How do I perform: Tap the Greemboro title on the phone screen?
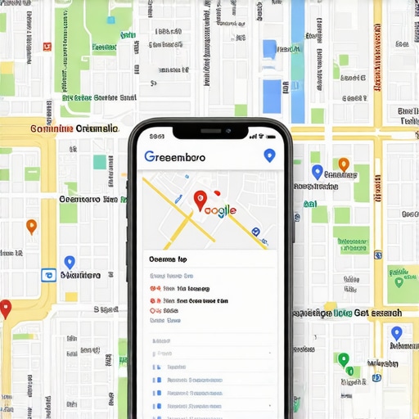[x=175, y=155]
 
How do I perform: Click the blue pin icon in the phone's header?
[x=268, y=155]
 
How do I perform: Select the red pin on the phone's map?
[x=199, y=199]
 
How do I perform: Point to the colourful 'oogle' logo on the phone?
[x=219, y=210]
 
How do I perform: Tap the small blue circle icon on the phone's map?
[x=256, y=232]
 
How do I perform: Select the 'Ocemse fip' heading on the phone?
[x=169, y=257]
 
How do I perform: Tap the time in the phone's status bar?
[x=157, y=136]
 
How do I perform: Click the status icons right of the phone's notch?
[x=259, y=136]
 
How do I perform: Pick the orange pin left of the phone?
[x=31, y=226]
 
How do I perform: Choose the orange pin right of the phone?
[x=344, y=164]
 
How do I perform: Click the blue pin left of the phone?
[x=70, y=262]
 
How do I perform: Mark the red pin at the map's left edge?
[x=6, y=309]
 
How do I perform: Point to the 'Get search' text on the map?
[x=378, y=313]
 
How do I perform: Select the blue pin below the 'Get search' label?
[x=396, y=332]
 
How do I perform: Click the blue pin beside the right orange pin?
[x=318, y=172]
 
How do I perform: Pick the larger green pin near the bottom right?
[x=344, y=359]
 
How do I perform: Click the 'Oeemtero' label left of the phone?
[x=88, y=198]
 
